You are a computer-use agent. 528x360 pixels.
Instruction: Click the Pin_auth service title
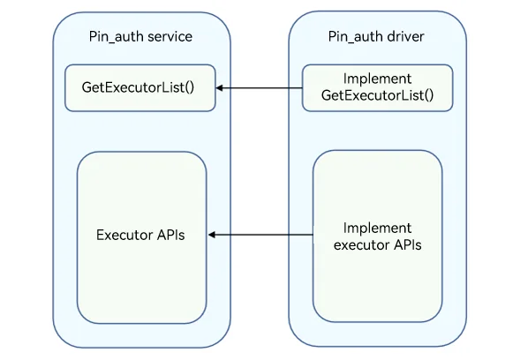[x=140, y=36]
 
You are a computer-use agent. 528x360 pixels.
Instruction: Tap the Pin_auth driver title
[x=376, y=36]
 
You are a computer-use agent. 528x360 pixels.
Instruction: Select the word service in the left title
[x=170, y=36]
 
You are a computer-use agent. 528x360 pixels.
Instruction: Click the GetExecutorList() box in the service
[x=140, y=88]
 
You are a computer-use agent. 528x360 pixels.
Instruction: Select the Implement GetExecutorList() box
[x=378, y=88]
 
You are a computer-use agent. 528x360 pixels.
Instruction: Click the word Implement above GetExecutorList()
[x=378, y=79]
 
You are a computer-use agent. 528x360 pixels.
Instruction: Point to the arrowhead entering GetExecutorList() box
[x=219, y=88]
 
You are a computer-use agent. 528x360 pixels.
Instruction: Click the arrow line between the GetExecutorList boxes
[x=259, y=88]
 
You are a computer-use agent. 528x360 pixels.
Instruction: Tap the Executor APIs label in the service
[x=140, y=235]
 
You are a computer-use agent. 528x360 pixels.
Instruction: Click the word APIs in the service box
[x=171, y=235]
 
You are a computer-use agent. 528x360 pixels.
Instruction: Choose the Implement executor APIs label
[x=378, y=236]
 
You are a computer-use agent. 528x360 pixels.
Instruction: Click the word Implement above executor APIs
[x=378, y=229]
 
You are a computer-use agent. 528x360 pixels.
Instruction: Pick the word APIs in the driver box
[x=408, y=245]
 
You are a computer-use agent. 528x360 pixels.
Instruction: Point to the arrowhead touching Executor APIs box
[x=212, y=235]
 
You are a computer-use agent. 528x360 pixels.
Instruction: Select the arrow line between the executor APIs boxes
[x=260, y=235]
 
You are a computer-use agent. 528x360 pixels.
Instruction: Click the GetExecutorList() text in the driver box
[x=378, y=95]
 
